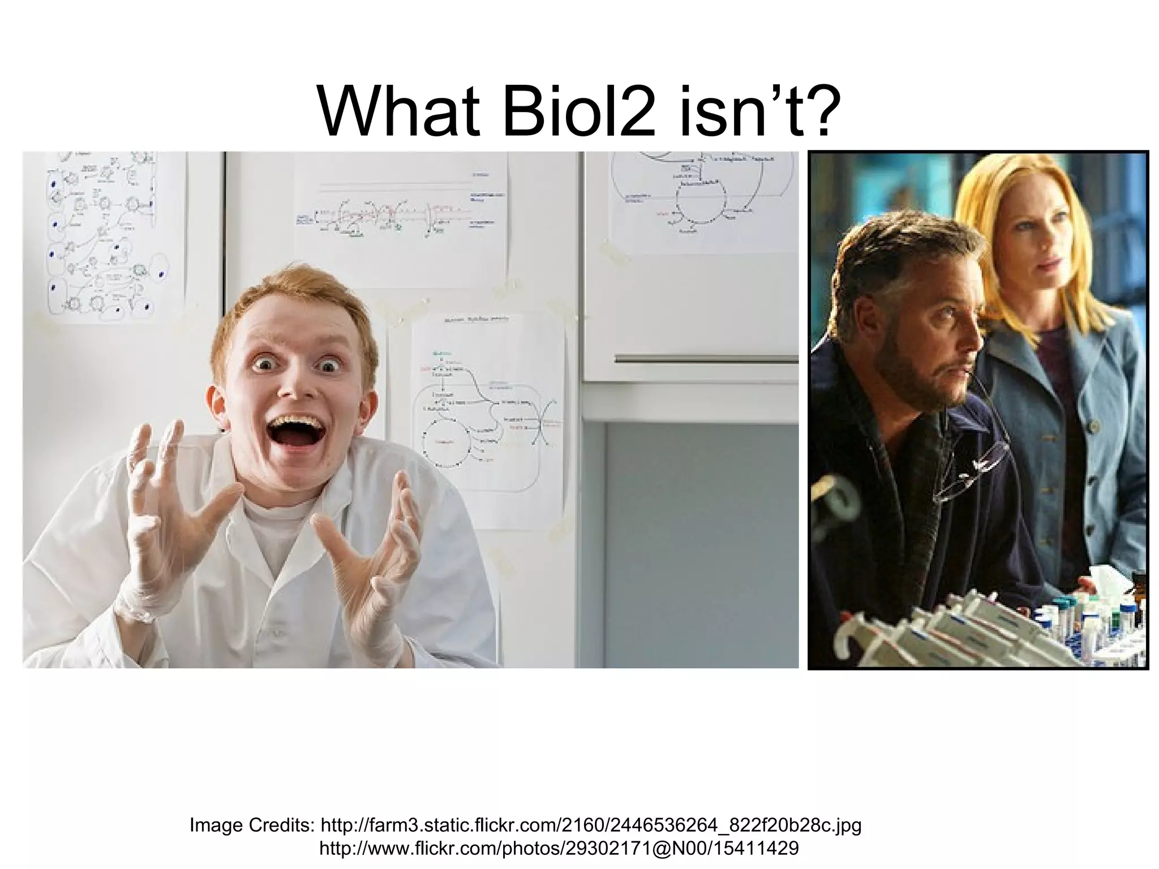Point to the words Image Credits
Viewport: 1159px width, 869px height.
pos(252,825)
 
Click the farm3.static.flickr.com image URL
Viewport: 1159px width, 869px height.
pos(591,825)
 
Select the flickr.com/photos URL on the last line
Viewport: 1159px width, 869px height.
pos(559,849)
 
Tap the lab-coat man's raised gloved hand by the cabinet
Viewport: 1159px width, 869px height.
pos(371,557)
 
